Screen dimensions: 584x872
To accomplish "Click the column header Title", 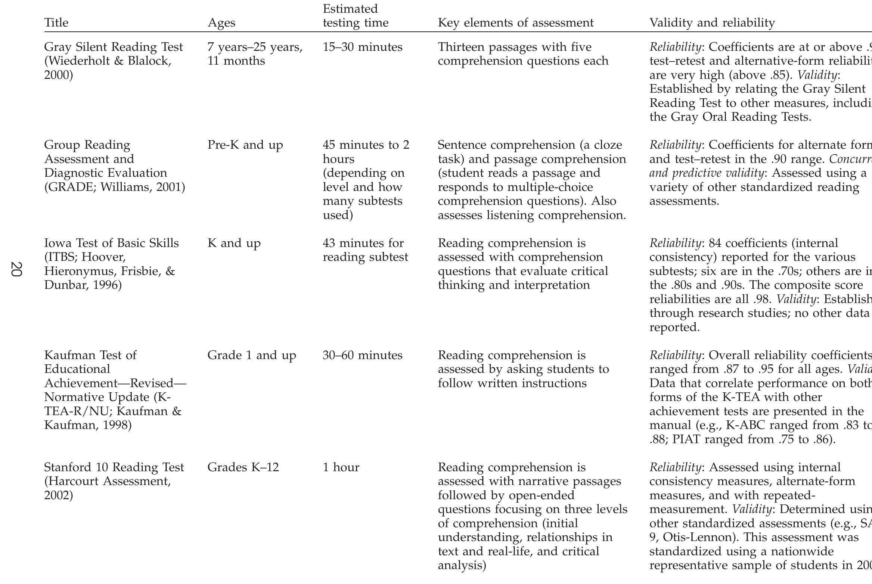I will pyautogui.click(x=56, y=23).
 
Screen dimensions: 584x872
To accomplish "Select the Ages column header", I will pyautogui.click(x=221, y=23).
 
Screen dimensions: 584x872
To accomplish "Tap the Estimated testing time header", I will pyautogui.click(x=355, y=16).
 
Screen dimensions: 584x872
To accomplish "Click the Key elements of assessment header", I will pyautogui.click(x=515, y=23).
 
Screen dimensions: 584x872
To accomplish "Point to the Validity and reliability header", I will pyautogui.click(x=712, y=23).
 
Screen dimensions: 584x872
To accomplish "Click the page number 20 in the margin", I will pyautogui.click(x=16, y=269).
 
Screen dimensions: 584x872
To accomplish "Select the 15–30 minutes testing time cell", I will pyautogui.click(x=362, y=47).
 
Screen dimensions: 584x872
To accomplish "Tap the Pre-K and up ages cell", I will pyautogui.click(x=245, y=145).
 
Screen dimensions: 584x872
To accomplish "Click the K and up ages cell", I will pyautogui.click(x=234, y=243).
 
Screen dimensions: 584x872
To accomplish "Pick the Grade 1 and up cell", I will pyautogui.click(x=251, y=355).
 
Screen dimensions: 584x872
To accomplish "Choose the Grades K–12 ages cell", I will pyautogui.click(x=243, y=467).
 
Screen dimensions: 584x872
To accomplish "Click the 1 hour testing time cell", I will pyautogui.click(x=341, y=467).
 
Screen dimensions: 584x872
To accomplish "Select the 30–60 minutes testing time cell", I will pyautogui.click(x=362, y=355).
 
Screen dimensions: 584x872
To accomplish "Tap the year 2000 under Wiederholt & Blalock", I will pyautogui.click(x=58, y=75).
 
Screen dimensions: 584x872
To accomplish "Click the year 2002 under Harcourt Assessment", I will pyautogui.click(x=58, y=495).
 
